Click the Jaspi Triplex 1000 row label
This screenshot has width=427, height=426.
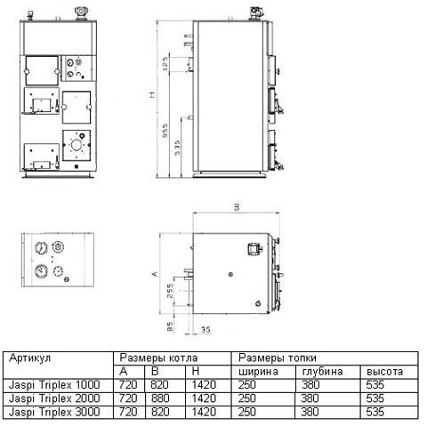[x=54, y=384]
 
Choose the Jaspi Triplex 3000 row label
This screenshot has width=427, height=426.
[x=54, y=412]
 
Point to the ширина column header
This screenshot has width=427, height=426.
[x=258, y=371]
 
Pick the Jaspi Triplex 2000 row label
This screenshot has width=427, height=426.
[x=54, y=398]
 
